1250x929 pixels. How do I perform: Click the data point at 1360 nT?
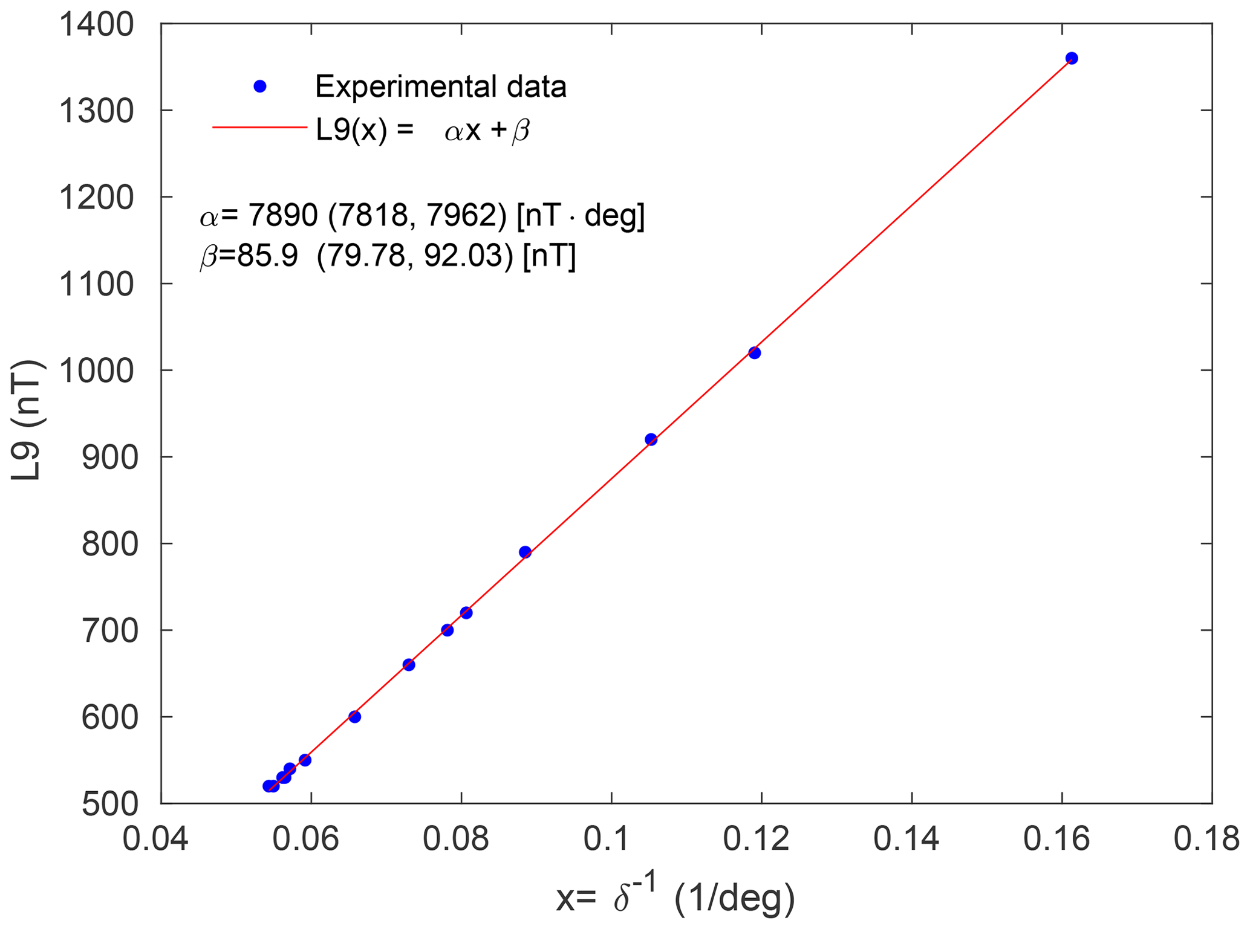[1072, 59]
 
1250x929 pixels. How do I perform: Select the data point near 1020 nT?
[754, 353]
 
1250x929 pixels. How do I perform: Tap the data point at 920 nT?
[651, 439]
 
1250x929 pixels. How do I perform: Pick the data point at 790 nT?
[525, 552]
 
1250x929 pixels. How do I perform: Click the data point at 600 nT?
[355, 717]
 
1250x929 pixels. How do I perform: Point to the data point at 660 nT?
[409, 665]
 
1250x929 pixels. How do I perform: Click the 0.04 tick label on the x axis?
[155, 840]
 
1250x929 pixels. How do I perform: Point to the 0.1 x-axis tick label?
[611, 840]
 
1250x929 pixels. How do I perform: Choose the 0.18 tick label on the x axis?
[1206, 840]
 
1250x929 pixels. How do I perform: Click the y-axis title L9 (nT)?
[27, 420]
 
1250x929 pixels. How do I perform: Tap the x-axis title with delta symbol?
[675, 898]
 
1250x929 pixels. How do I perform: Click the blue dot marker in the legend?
[260, 86]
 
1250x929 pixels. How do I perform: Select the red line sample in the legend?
[260, 128]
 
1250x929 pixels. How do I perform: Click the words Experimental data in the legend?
[440, 86]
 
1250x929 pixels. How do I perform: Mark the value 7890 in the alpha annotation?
[283, 216]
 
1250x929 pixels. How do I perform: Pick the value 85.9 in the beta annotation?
[267, 257]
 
